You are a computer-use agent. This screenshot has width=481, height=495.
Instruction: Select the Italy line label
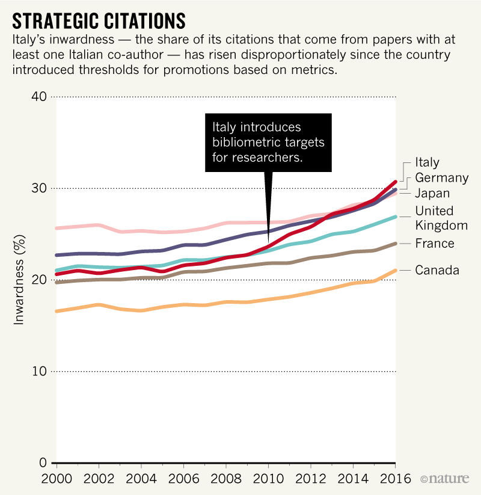[427, 162]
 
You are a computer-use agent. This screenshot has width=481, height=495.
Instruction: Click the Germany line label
[441, 177]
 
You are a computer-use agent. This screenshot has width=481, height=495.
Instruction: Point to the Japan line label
[432, 194]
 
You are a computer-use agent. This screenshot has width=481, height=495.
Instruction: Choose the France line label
[434, 244]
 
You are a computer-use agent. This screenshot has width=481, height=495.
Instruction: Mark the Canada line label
[437, 270]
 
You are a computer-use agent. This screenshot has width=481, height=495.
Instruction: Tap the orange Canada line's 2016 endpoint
[395, 270]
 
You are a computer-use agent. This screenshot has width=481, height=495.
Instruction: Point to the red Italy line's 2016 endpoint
[395, 181]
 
